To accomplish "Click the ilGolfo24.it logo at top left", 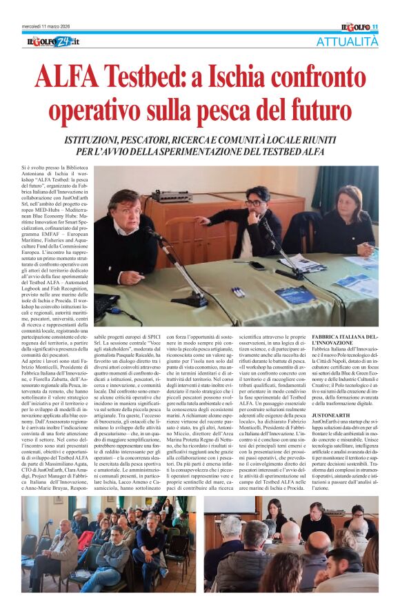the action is [53, 42].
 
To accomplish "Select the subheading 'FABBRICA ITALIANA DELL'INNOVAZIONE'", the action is [344, 339].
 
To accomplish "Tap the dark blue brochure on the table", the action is [296, 296].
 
